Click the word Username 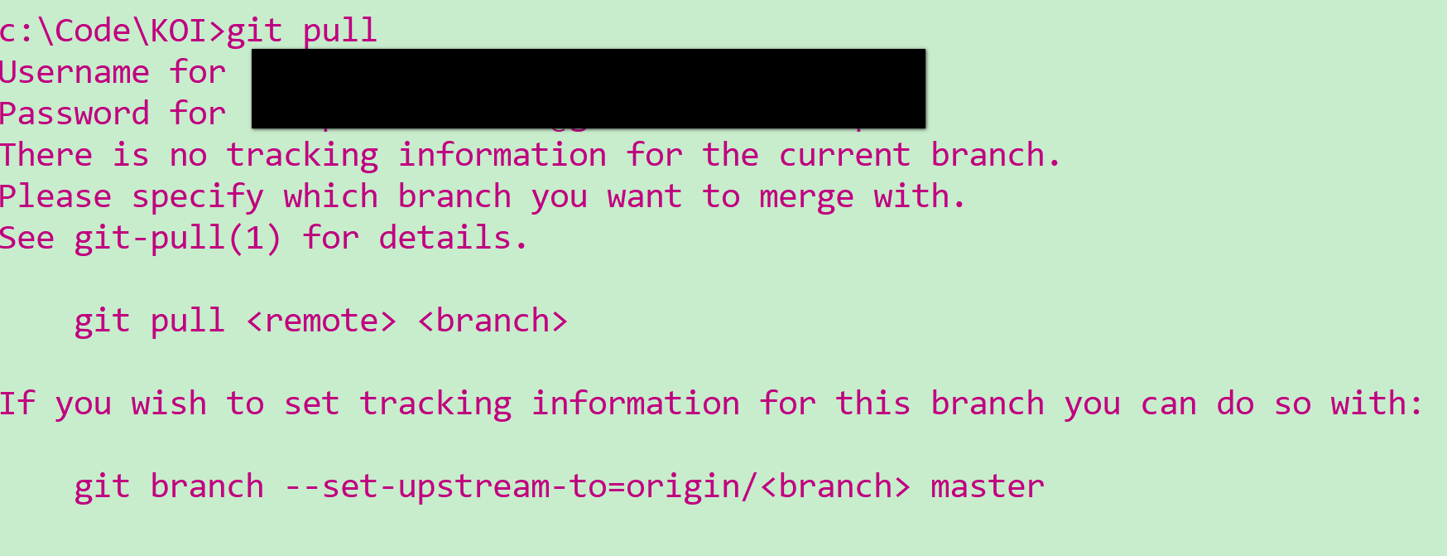[x=75, y=73]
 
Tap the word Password [x=75, y=114]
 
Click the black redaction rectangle [x=588, y=89]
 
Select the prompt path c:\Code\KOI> [x=113, y=31]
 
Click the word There [x=46, y=156]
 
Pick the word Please [x=55, y=197]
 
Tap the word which [x=330, y=197]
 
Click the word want [x=645, y=197]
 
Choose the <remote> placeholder [x=321, y=322]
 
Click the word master [x=987, y=487]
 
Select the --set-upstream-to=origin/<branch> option [x=597, y=487]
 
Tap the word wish [x=169, y=404]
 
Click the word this [x=873, y=404]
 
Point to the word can [x=1168, y=404]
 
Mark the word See [x=27, y=239]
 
